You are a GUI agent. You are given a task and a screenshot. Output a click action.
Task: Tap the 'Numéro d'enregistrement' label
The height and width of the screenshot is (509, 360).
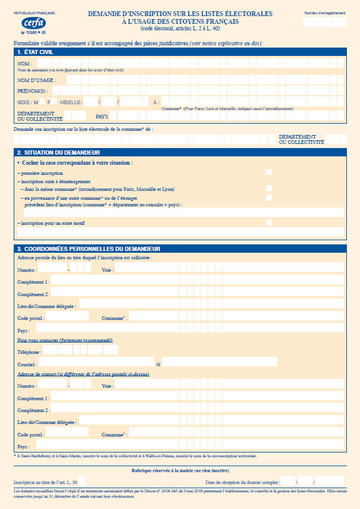[325, 12]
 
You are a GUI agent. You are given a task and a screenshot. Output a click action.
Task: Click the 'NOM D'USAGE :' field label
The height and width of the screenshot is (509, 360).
[36, 80]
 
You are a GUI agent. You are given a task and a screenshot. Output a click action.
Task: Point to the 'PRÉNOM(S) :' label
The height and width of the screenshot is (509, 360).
[33, 91]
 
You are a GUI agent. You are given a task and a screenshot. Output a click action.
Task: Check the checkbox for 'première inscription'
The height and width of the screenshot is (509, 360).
[269, 172]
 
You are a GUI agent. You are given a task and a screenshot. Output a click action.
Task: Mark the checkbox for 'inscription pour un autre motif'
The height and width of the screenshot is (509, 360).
[269, 222]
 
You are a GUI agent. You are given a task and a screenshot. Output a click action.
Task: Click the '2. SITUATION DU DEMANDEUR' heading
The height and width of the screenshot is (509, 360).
[58, 153]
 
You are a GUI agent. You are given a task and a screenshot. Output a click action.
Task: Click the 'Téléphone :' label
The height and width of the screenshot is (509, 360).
[29, 352]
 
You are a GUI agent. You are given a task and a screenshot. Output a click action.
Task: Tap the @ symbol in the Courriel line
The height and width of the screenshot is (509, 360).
[158, 363]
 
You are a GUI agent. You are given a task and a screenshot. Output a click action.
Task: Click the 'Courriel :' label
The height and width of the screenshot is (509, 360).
[27, 364]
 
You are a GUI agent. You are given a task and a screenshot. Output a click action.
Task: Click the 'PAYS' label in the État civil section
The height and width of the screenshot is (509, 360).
[102, 117]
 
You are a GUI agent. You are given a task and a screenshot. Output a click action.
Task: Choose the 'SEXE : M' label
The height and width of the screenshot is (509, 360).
[28, 102]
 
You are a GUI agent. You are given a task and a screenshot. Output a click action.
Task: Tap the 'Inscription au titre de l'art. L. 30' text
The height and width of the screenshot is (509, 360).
[45, 482]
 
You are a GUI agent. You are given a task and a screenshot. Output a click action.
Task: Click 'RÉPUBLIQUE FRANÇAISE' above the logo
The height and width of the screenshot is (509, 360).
[34, 12]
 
